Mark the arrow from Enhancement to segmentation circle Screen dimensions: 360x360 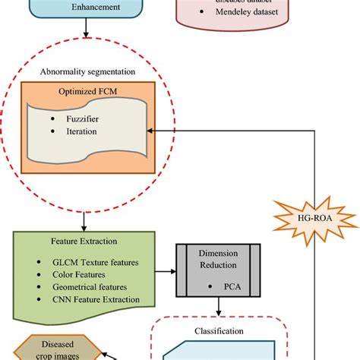[x=90, y=34]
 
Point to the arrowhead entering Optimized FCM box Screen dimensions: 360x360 [x=151, y=131]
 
